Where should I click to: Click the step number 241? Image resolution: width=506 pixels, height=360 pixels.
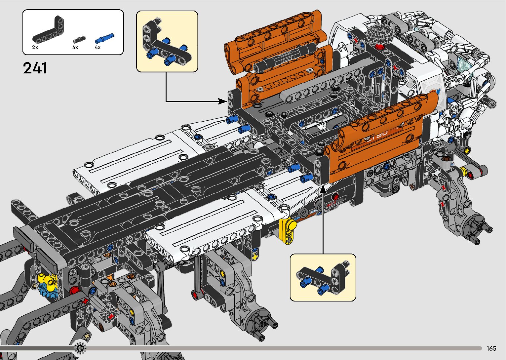click(35, 68)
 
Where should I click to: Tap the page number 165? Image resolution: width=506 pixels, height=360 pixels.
click(491, 348)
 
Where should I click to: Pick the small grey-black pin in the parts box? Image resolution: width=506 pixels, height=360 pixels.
click(79, 40)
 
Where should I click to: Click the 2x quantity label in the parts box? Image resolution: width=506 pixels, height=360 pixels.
click(35, 48)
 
